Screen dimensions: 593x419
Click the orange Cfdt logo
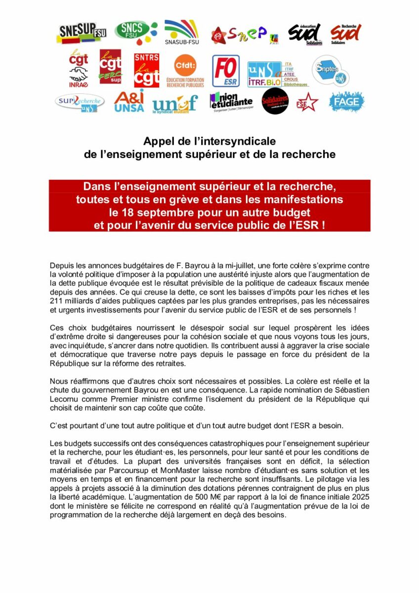click(x=185, y=70)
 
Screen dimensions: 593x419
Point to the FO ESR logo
click(x=226, y=71)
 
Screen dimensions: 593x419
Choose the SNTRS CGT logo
click(x=147, y=70)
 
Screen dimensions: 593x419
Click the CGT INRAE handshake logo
click(x=78, y=69)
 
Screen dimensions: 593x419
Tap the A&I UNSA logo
click(x=129, y=101)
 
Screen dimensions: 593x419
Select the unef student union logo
click(x=175, y=103)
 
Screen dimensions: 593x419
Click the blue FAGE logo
click(x=347, y=102)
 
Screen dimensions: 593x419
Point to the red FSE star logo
click(x=307, y=102)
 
